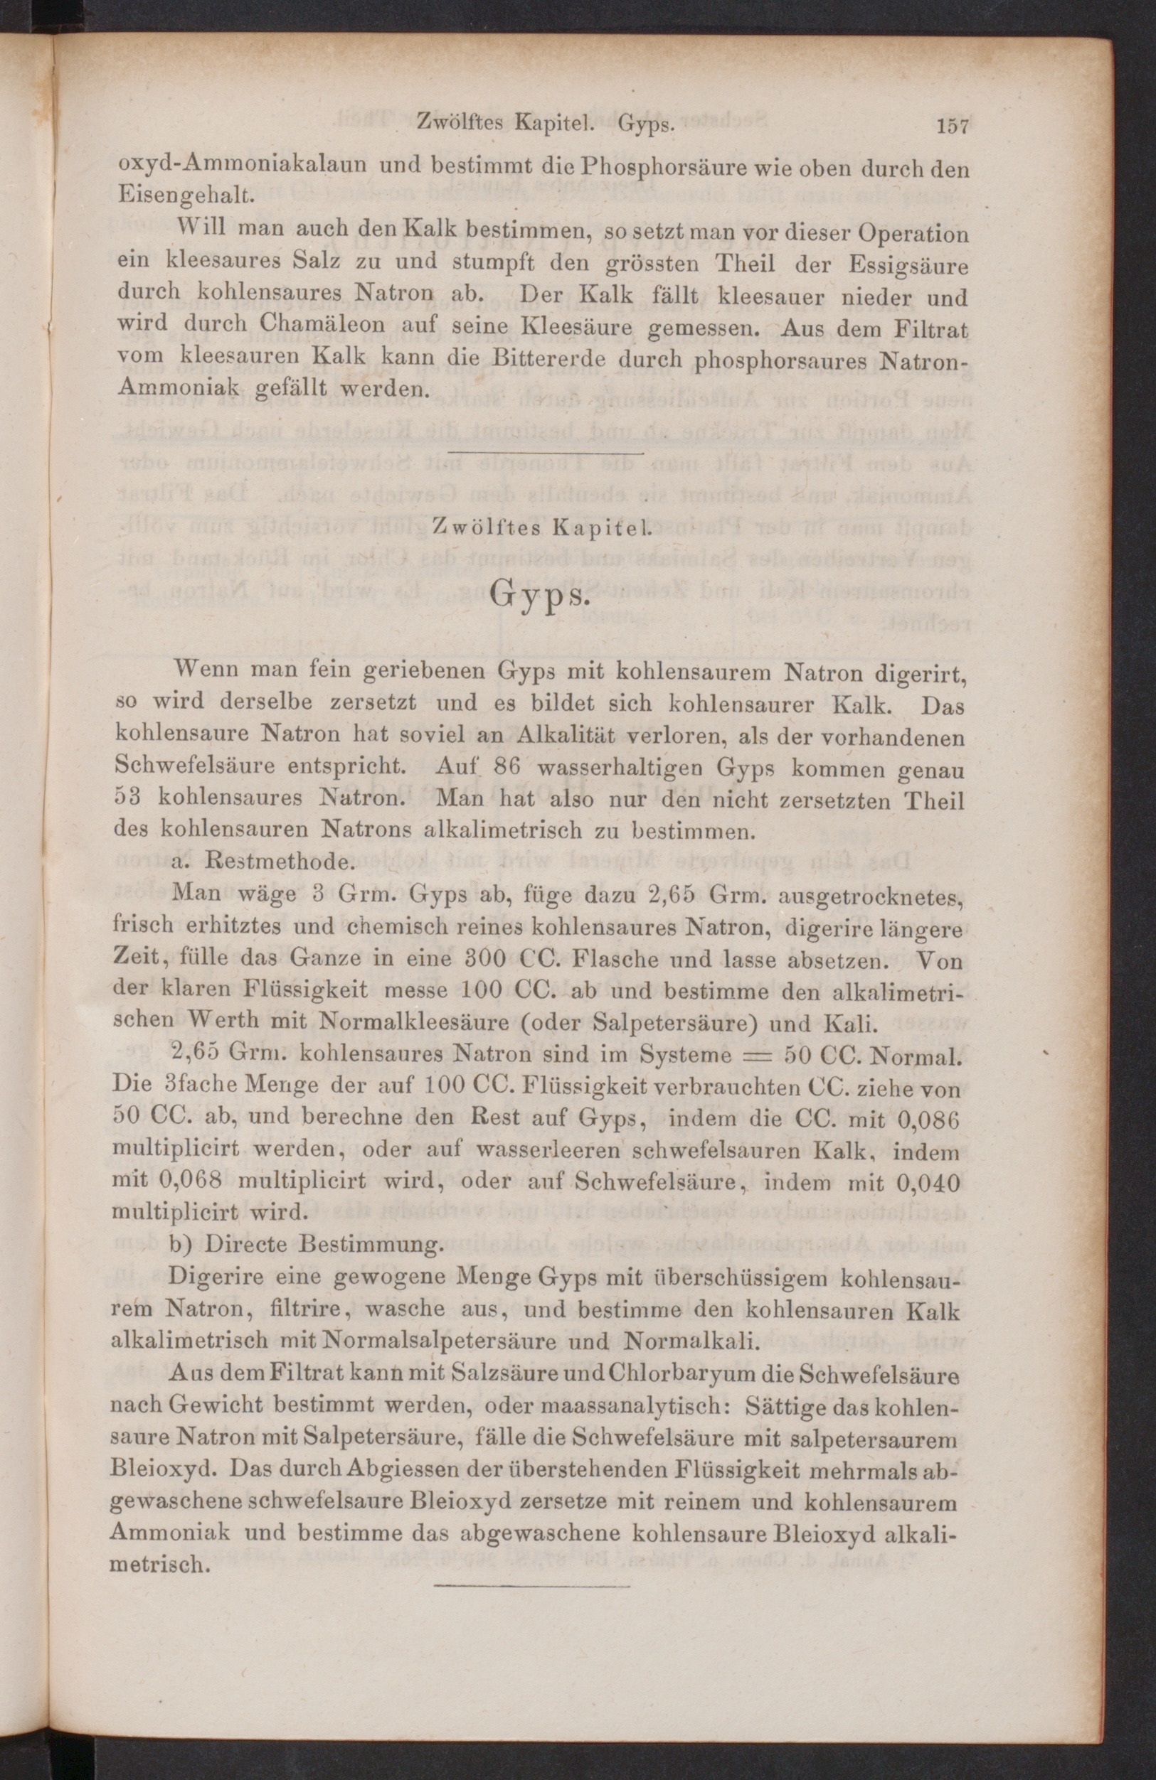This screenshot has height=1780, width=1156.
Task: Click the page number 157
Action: pos(953,126)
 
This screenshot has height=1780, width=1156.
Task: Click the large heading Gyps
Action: pos(541,598)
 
